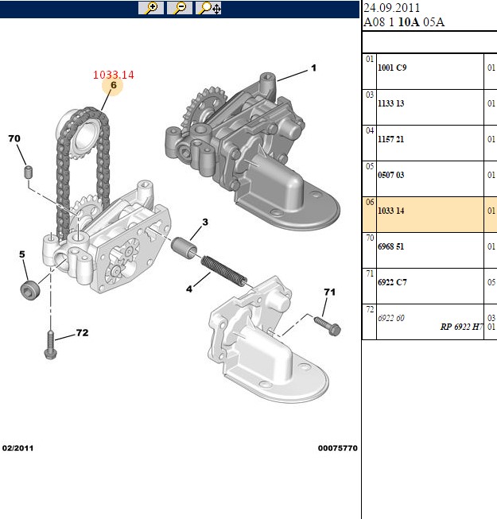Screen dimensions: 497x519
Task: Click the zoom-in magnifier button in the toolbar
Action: [151, 8]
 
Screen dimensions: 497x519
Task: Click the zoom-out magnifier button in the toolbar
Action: [180, 8]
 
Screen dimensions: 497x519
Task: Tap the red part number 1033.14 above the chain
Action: [114, 75]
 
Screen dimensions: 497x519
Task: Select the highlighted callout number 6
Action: [114, 85]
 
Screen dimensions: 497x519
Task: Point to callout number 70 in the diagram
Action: [14, 138]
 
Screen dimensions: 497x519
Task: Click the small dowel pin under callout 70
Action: [29, 172]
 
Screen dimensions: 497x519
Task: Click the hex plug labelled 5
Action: [30, 291]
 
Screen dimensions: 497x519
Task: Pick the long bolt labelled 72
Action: [51, 345]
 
